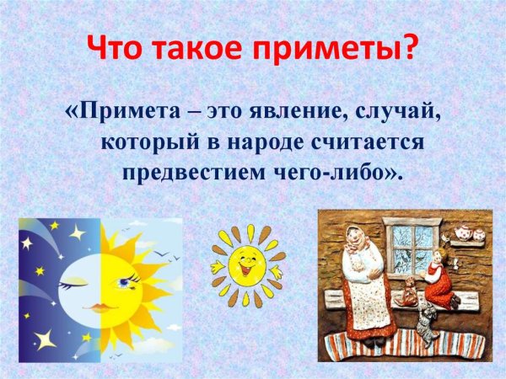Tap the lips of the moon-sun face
(x=100, y=308)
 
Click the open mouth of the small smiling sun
(x=248, y=270)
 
